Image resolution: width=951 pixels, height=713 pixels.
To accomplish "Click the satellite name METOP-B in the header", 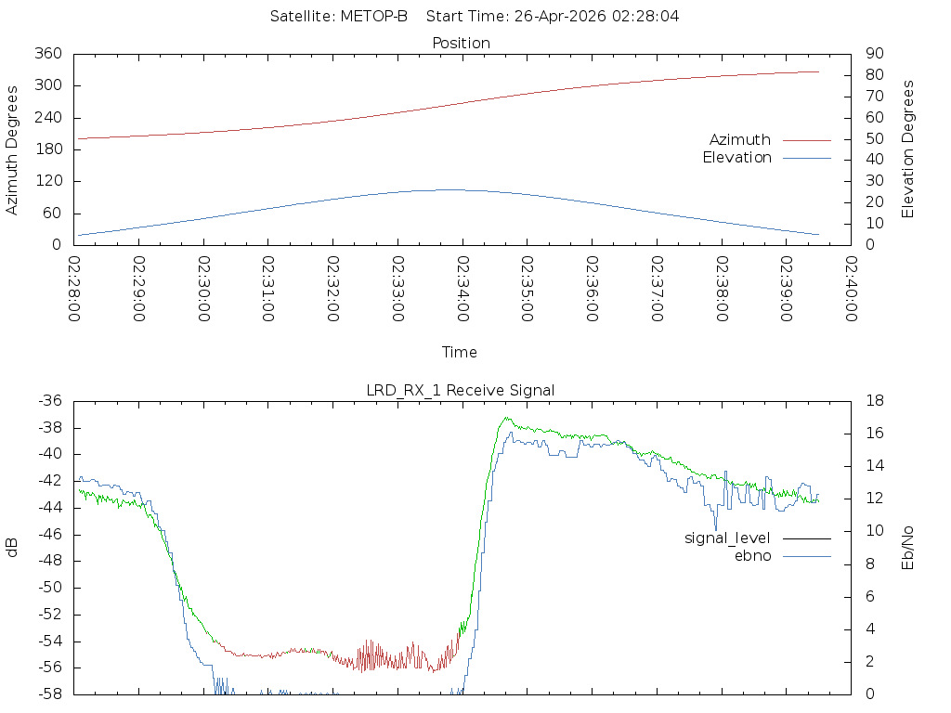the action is click(373, 17).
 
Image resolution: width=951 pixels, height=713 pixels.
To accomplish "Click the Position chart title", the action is click(461, 44).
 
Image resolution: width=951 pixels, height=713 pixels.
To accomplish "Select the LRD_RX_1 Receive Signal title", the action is click(461, 391).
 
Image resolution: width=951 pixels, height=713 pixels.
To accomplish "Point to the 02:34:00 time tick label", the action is click(462, 290).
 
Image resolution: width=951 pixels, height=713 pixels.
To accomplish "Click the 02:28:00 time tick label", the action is click(74, 290).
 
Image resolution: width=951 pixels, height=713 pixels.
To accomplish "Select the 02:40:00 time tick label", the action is click(852, 290).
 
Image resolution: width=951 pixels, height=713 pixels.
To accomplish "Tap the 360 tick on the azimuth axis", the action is click(48, 54).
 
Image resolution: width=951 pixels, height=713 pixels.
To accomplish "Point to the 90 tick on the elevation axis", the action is click(875, 54).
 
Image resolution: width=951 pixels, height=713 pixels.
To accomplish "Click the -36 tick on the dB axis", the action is click(50, 401).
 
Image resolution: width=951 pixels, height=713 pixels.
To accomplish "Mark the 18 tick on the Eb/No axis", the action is click(875, 401).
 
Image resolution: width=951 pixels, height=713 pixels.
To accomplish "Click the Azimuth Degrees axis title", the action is click(11, 149).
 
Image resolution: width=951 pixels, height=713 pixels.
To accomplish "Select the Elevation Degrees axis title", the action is click(907, 149).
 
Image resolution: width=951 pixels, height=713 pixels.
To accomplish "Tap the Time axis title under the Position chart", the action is click(459, 352).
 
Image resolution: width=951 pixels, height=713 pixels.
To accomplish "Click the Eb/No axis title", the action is click(907, 548).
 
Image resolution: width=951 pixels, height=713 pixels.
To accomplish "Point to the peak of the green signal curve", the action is click(507, 418).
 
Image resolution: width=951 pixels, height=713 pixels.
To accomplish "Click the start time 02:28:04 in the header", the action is click(645, 17).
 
